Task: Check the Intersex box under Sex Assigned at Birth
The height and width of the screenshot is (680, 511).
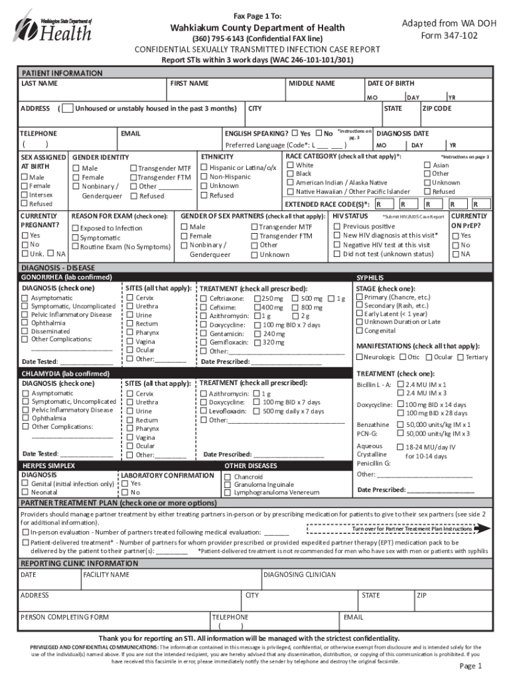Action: [25, 195]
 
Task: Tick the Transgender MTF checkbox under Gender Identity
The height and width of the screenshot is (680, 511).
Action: [133, 169]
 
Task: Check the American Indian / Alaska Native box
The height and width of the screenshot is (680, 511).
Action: [290, 183]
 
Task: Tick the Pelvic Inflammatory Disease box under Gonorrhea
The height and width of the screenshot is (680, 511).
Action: [25, 315]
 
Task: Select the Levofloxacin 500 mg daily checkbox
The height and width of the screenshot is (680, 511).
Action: [257, 411]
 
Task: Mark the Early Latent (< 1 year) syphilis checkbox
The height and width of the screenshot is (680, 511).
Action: [359, 313]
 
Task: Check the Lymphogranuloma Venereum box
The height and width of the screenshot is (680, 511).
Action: [228, 493]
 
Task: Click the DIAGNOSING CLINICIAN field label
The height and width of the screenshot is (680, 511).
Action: [300, 574]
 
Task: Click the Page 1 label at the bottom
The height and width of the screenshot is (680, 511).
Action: [471, 666]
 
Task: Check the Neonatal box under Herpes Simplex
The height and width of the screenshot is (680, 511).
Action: [25, 493]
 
